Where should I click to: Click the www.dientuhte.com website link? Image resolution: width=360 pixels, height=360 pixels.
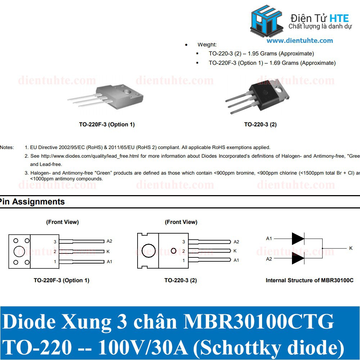pyautogui.click(x=300, y=41)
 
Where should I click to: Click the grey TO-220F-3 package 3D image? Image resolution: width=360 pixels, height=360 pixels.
pyautogui.click(x=106, y=96)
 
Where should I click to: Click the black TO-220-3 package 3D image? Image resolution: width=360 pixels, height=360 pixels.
pyautogui.click(x=257, y=96)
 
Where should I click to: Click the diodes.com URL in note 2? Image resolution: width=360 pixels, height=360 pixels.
pyautogui.click(x=90, y=156)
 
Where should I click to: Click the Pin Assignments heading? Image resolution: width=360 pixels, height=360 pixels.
pyautogui.click(x=32, y=202)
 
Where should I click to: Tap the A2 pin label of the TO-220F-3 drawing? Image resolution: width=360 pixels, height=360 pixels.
pyautogui.click(x=109, y=241)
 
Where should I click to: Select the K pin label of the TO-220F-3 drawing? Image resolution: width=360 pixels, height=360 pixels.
pyautogui.click(x=108, y=252)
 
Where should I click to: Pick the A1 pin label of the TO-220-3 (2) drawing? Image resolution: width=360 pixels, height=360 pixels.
pyautogui.click(x=236, y=260)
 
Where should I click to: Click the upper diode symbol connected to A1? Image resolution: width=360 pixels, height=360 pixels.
pyautogui.click(x=298, y=239)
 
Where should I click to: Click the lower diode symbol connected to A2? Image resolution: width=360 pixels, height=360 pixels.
pyautogui.click(x=298, y=259)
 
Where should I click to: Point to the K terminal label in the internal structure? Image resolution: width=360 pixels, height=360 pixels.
pyautogui.click(x=351, y=248)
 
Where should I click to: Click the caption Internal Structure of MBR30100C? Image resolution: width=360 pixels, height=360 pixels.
pyautogui.click(x=310, y=280)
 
